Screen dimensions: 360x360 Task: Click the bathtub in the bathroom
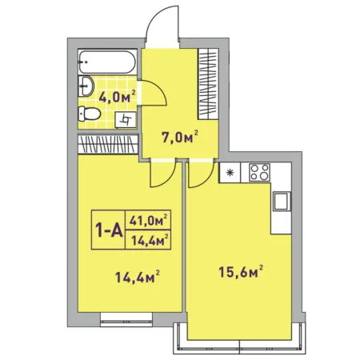point(107,62)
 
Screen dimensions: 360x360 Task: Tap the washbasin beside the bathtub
point(86,86)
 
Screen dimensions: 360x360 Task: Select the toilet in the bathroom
point(89,114)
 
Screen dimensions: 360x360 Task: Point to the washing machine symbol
point(126,119)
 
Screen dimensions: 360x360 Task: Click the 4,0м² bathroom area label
point(118,97)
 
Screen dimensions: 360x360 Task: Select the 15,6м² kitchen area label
point(241,271)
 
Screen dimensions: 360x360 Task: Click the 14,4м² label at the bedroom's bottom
point(138,277)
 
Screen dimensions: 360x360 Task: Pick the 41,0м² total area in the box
point(149,220)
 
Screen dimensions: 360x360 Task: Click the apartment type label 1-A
point(109,230)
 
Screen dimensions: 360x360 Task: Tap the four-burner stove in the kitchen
point(259,172)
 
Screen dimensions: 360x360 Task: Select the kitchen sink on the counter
point(282,202)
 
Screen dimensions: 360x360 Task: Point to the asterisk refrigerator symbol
point(230,173)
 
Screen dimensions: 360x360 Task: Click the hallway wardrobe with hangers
point(208,84)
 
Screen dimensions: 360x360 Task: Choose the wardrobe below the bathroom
point(108,144)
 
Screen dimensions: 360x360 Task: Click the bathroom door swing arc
point(160,87)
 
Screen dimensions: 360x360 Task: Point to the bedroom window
point(126,319)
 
